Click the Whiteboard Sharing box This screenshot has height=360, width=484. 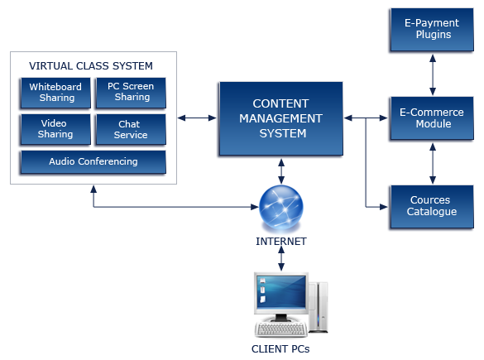[55, 93]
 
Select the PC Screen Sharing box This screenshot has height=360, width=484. [131, 93]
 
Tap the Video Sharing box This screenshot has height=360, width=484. [55, 129]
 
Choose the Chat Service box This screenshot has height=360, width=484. [131, 129]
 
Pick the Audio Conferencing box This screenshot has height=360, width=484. [93, 161]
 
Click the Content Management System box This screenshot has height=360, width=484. [281, 118]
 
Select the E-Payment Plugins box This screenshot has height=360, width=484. [432, 29]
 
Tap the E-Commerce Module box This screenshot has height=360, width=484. [432, 118]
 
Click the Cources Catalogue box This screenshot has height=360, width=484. [432, 207]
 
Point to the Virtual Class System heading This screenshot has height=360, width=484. [91, 65]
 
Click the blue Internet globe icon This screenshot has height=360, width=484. [281, 207]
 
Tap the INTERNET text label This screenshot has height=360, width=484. [281, 241]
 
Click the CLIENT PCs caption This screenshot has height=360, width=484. [280, 349]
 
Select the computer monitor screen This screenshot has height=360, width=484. [281, 292]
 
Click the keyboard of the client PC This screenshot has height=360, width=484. [281, 329]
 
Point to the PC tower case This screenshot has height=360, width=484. [319, 307]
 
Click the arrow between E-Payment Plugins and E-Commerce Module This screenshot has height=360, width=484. [433, 74]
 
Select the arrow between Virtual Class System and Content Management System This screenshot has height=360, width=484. [197, 118]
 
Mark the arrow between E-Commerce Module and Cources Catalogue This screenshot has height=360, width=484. [433, 163]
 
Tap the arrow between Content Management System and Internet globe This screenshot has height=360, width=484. [281, 171]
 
